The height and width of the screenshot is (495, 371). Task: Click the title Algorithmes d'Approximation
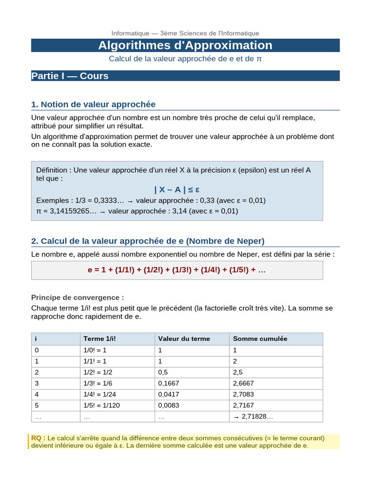(185, 45)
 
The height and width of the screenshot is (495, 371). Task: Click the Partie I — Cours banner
(70, 76)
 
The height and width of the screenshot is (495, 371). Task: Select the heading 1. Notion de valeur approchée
(93, 104)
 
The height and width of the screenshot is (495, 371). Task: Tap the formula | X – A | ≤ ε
(177, 189)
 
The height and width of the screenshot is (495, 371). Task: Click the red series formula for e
(177, 270)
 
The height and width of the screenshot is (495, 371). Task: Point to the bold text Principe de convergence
(77, 297)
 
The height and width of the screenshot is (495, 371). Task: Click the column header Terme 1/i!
(100, 338)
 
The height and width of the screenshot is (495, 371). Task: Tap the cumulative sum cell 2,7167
(243, 405)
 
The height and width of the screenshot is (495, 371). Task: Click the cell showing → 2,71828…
(253, 416)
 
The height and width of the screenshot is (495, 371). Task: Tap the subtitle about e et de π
(185, 58)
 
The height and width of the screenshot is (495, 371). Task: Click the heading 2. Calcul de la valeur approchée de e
(148, 241)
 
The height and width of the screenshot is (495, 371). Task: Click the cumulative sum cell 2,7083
(243, 394)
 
